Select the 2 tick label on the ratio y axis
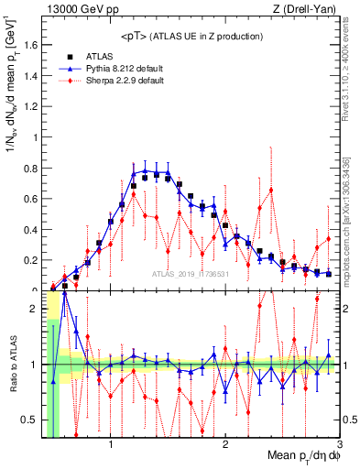click(35, 309)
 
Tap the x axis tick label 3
click(338, 446)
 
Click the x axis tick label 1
click(111, 446)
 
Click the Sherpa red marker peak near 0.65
click(272, 190)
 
